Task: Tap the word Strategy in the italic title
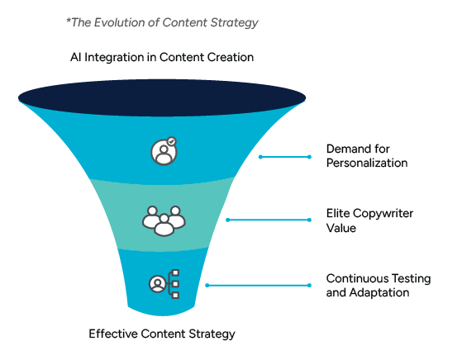pyautogui.click(x=235, y=23)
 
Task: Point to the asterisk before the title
pyautogui.click(x=69, y=21)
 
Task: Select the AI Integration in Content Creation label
pyautogui.click(x=161, y=58)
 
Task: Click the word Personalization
pyautogui.click(x=367, y=163)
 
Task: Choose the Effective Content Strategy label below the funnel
pyautogui.click(x=162, y=334)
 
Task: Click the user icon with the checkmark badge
pyautogui.click(x=163, y=151)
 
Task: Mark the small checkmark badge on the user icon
pyautogui.click(x=171, y=141)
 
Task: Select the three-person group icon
pyautogui.click(x=164, y=220)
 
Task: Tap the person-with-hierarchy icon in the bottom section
pyautogui.click(x=164, y=284)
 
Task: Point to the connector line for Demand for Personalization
pyautogui.click(x=286, y=156)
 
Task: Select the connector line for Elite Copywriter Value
pyautogui.click(x=269, y=220)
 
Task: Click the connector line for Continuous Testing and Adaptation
pyautogui.click(x=259, y=285)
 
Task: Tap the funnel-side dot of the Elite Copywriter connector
pyautogui.click(x=227, y=220)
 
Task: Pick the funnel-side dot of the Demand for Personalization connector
pyautogui.click(x=260, y=156)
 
